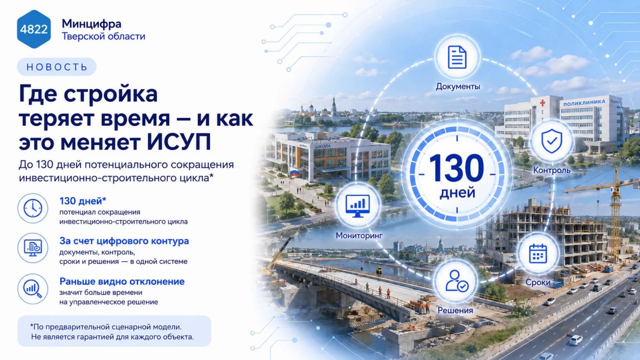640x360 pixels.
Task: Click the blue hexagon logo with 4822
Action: pos(34,29)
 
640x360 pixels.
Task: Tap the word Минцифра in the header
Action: pos(91,23)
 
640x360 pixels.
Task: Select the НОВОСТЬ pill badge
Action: pos(57,67)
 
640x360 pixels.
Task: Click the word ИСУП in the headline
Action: pos(179,142)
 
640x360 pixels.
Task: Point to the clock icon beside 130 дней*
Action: pos(33,209)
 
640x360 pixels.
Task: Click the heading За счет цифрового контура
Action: pos(124,241)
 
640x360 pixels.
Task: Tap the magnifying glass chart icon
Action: pos(33,289)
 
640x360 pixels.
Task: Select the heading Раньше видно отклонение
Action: pos(122,282)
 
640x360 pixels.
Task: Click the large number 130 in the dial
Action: pos(457,168)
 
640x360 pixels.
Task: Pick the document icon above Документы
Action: pos(457,57)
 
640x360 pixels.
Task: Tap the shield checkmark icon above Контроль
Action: pos(551,141)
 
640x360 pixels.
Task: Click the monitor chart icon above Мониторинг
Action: pos(358,206)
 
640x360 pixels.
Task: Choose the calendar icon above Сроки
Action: pos(538,253)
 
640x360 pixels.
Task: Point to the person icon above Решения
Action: pos(457,281)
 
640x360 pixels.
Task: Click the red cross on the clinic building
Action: pos(542,102)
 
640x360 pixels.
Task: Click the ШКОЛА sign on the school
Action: pos(323,146)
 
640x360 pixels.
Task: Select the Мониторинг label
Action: pos(359,235)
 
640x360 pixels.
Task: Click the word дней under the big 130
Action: pos(457,193)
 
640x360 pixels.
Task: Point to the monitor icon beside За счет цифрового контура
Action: pos(33,248)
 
